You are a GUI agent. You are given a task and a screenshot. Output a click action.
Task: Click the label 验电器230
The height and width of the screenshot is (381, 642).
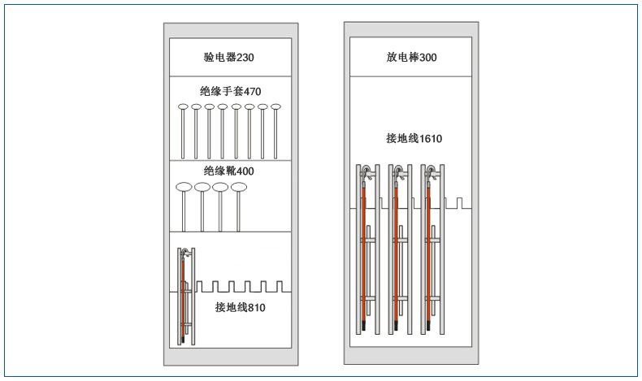pyautogui.click(x=229, y=58)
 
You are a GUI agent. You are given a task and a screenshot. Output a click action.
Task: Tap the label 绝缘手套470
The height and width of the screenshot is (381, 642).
pyautogui.click(x=231, y=91)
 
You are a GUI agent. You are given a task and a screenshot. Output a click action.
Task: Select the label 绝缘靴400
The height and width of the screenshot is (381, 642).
pyautogui.click(x=229, y=171)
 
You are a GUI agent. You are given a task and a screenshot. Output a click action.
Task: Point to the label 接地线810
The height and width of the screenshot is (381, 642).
pyautogui.click(x=241, y=307)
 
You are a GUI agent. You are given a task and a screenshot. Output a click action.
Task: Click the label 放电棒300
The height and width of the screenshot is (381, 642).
pyautogui.click(x=411, y=58)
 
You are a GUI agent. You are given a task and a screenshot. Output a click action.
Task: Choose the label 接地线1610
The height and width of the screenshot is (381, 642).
pyautogui.click(x=414, y=139)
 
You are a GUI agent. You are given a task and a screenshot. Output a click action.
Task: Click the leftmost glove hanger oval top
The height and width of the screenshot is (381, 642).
pyautogui.click(x=183, y=106)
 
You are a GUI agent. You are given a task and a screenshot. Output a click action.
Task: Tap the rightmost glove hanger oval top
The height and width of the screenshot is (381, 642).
pyautogui.click(x=275, y=106)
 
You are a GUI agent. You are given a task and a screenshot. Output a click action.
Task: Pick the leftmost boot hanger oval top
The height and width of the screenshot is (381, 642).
pyautogui.click(x=184, y=188)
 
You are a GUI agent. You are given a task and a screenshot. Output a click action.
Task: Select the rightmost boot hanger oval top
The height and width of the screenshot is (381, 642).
pyautogui.click(x=239, y=188)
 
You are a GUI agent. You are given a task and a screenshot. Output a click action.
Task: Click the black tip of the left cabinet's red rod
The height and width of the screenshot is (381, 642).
pyautogui.click(x=183, y=340)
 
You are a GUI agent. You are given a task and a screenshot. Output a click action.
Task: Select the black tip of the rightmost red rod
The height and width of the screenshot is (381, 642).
pyautogui.click(x=429, y=326)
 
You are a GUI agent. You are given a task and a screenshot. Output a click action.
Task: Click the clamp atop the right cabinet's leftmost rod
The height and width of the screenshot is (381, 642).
pyautogui.click(x=367, y=172)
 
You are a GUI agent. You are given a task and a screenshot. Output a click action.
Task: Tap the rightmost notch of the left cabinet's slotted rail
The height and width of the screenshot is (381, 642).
pyautogui.click(x=280, y=287)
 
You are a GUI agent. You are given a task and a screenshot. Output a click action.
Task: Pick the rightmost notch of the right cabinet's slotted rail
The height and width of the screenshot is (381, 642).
pyautogui.click(x=459, y=203)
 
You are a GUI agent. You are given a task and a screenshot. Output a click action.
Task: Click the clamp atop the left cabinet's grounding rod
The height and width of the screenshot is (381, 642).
pyautogui.click(x=186, y=253)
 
